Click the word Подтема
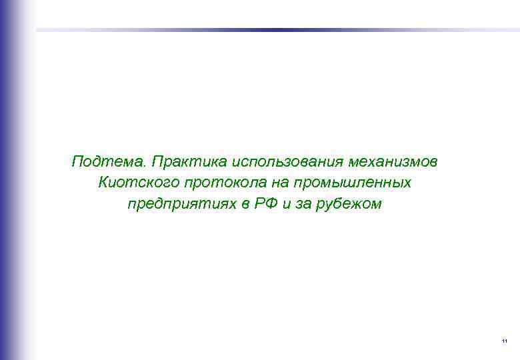108,162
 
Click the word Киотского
133,183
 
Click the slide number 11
505,341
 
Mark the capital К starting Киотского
103,183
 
